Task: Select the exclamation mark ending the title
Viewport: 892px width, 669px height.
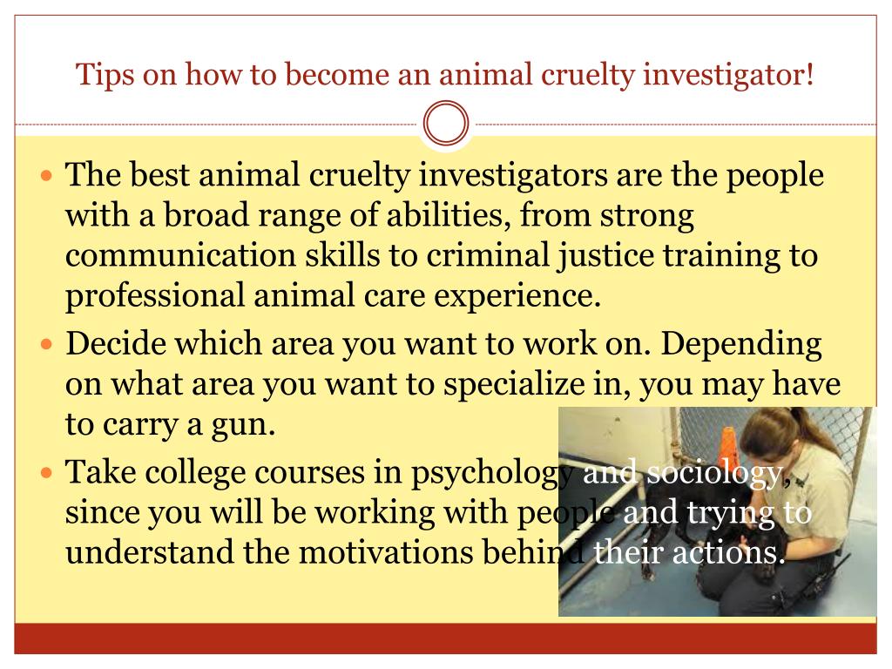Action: click(x=809, y=74)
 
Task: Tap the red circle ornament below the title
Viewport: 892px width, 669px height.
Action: click(x=446, y=123)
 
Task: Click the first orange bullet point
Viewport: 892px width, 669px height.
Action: click(x=47, y=174)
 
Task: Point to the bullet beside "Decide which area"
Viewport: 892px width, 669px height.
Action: click(x=47, y=343)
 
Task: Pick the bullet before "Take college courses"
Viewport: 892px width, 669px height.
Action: click(x=47, y=472)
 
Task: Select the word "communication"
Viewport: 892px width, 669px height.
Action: click(x=180, y=255)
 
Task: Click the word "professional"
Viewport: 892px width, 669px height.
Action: click(x=155, y=297)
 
